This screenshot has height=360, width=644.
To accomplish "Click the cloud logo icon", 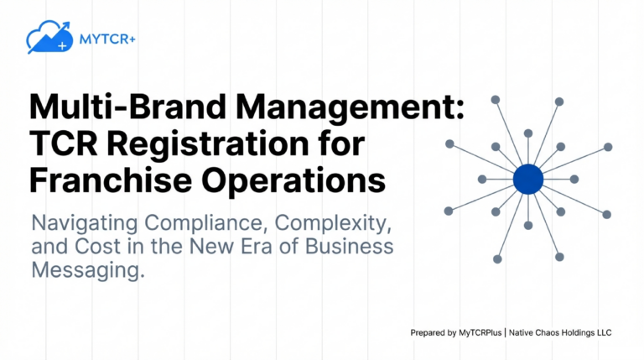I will (47, 37).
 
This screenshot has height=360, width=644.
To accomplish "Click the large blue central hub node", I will (527, 179).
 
